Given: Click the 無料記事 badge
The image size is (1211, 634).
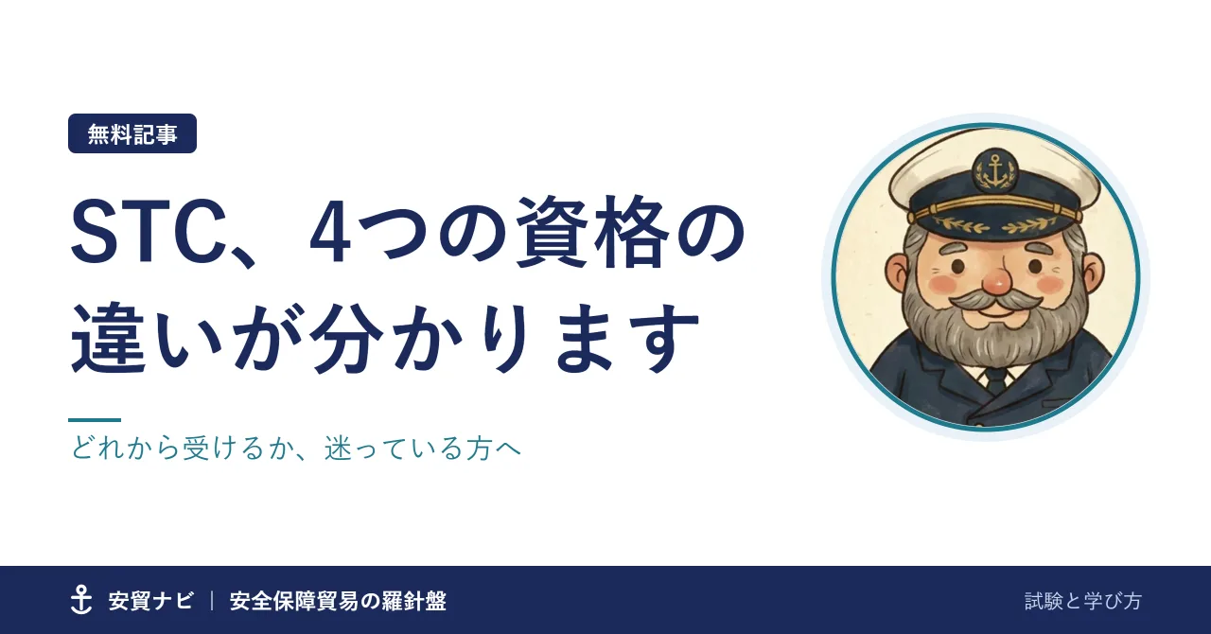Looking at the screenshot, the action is coord(132,133).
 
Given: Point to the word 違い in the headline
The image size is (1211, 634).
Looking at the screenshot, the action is coord(147,338).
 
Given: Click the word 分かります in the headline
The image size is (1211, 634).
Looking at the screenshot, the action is coord(503,338).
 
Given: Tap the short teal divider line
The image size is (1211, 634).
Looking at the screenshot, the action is coord(95,420).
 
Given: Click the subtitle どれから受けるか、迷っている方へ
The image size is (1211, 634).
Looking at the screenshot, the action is coord(296,449).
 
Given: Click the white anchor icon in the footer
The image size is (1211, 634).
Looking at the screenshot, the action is coord(81,600).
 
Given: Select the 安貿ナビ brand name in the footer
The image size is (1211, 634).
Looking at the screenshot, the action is coord(150,601).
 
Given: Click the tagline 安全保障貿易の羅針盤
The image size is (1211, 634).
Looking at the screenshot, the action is coord(338,601).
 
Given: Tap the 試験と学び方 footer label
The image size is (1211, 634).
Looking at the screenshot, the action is coord(1083,601).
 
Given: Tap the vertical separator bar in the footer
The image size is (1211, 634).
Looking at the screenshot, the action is coord(212,601).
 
